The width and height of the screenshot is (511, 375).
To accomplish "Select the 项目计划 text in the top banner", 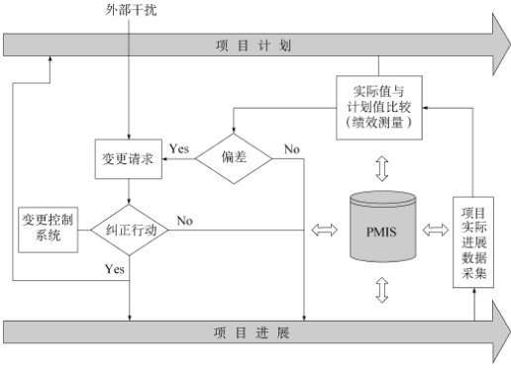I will point(256,46).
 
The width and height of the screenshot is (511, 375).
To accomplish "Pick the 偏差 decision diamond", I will point(233,159).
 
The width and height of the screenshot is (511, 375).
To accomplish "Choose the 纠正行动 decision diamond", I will point(131,230).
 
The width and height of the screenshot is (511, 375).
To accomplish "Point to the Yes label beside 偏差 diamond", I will point(179,148).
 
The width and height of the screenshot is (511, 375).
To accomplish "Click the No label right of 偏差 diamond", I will point(292,148).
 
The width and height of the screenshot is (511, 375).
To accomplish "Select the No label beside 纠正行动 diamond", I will point(184,220).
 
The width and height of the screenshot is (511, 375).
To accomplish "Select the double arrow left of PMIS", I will point(324,231).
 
